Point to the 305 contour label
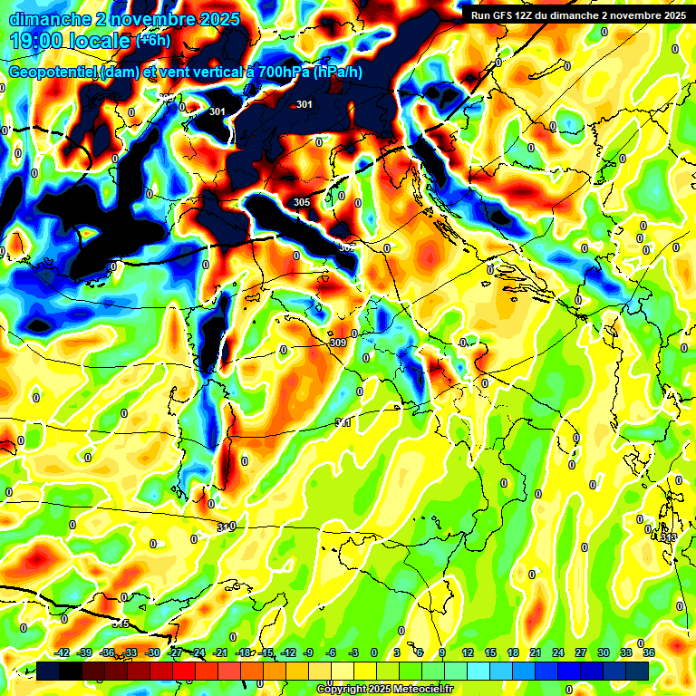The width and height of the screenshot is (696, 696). pos(302,202)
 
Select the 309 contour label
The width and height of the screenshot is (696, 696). pos(338,343)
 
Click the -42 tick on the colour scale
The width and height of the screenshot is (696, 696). pos(63,652)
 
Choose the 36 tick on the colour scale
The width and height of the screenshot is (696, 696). pos(649,652)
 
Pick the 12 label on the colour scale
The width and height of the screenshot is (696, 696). pos(468,652)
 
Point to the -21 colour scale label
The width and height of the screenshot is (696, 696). pos(221,652)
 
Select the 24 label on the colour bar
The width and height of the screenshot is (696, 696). pos(558,652)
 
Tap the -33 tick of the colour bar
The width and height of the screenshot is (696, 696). pos(130,652)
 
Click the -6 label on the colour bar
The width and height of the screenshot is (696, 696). pos(331,652)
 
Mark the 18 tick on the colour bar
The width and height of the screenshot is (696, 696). pos(513,652)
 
